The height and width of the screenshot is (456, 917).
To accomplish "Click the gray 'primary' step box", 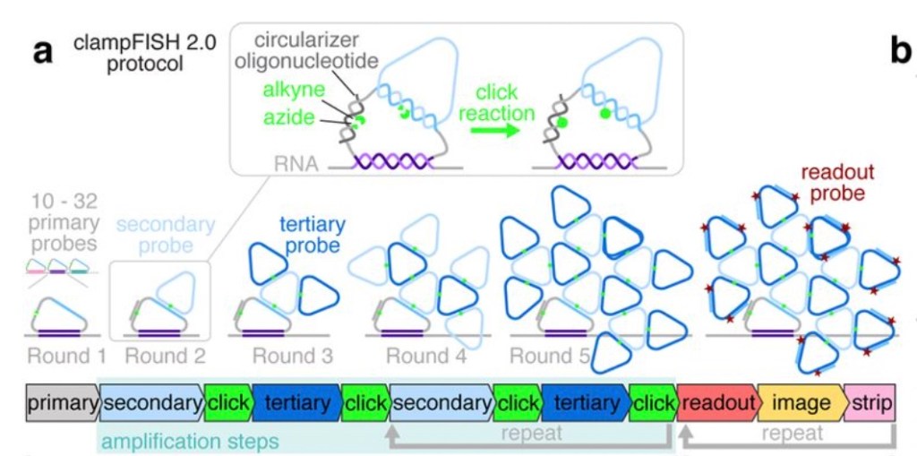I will [62, 404].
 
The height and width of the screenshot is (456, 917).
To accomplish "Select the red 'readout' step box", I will [716, 404].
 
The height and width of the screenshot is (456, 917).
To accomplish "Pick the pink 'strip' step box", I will [870, 404].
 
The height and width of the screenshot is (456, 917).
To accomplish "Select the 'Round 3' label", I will [293, 357].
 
